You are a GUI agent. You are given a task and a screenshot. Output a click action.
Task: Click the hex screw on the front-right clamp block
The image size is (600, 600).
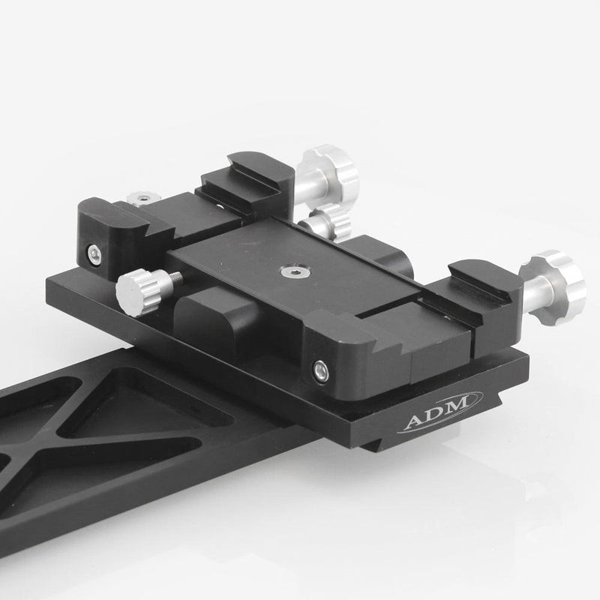point(320,368)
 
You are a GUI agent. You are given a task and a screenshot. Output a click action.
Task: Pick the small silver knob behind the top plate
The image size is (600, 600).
point(324,222)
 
